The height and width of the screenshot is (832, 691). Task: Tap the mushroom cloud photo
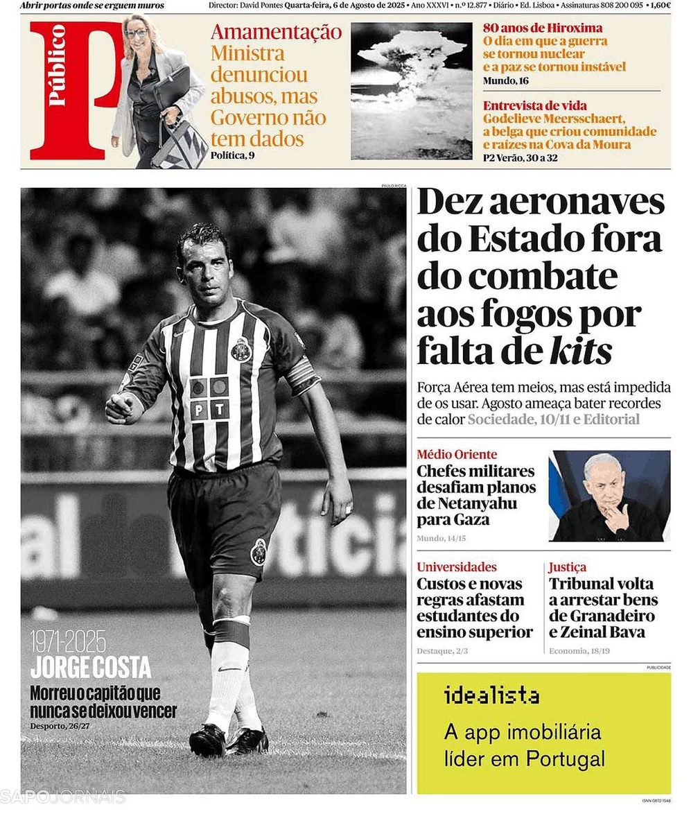(x=411, y=90)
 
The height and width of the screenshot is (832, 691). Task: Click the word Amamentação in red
(x=276, y=32)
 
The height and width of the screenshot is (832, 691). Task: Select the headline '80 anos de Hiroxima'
(x=543, y=28)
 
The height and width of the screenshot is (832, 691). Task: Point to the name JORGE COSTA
(x=91, y=668)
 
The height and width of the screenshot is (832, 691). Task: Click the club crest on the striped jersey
(x=241, y=349)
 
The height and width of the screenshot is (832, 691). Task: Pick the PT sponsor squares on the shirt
(x=210, y=399)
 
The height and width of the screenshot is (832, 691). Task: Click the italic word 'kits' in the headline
(x=580, y=351)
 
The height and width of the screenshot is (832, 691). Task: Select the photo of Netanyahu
(x=609, y=496)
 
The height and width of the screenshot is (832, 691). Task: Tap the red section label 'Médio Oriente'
(x=457, y=455)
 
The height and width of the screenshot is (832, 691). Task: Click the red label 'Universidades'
(x=457, y=567)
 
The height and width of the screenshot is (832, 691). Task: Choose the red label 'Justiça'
(x=567, y=567)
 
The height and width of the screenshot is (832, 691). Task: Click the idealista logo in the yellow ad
(x=491, y=695)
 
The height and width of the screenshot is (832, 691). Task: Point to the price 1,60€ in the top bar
(x=661, y=6)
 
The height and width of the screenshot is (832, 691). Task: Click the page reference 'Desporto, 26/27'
(x=63, y=726)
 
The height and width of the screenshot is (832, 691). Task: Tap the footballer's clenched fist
(x=119, y=408)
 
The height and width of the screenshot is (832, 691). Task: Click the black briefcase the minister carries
(x=170, y=87)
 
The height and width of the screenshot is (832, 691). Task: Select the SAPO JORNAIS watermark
(x=62, y=797)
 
